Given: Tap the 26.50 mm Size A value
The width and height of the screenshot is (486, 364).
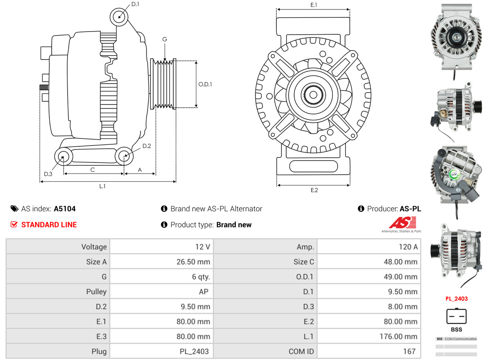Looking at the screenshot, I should (193, 262).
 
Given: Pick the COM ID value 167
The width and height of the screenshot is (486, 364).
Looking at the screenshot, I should (409, 351).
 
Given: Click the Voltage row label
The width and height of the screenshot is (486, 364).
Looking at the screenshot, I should (94, 247).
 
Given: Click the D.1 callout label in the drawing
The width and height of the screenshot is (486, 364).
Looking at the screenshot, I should (135, 4).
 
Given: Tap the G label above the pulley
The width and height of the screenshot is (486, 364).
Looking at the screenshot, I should (165, 39).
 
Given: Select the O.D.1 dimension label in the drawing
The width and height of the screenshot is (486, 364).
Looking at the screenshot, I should (205, 84).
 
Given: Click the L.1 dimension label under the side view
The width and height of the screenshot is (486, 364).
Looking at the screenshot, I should (102, 187).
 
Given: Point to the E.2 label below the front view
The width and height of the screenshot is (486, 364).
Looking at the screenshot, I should (314, 190).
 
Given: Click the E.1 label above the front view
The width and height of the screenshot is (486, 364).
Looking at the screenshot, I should (314, 5).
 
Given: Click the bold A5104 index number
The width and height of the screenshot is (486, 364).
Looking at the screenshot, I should (65, 209).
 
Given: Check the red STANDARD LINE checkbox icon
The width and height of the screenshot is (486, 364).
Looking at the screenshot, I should (14, 225).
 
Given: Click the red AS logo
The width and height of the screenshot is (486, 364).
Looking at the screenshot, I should (402, 223).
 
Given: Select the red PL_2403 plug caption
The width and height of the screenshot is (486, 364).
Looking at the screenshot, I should (456, 299).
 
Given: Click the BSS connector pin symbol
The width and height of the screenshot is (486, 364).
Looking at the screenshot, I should (456, 316).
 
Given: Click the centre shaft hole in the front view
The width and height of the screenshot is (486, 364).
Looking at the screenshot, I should (313, 95).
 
